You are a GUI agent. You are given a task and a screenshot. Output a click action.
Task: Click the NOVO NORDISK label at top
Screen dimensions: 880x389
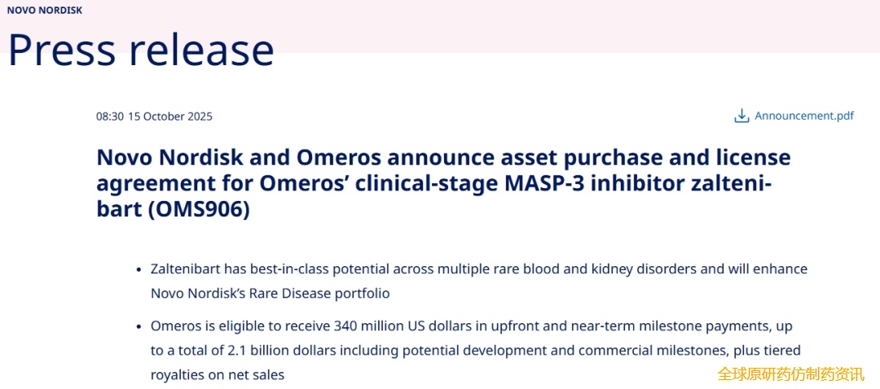pos(44,10)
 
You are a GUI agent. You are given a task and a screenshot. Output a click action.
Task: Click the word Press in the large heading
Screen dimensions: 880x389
pos(62,49)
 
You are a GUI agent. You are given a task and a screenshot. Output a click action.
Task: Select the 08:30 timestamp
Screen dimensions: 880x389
pos(110,116)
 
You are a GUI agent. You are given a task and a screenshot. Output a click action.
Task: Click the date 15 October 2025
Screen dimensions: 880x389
pos(170,116)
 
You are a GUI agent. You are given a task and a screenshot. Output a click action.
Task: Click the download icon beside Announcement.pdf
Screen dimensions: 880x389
pos(741,116)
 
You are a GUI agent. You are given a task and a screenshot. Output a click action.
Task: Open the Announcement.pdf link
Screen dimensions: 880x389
pos(804,116)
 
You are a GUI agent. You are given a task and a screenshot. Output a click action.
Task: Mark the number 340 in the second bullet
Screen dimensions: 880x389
pos(345,326)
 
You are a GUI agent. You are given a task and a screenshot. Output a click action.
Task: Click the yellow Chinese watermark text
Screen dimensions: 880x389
pos(791,374)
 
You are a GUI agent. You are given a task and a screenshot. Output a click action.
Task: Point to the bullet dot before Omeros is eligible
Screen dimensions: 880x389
pos(139,327)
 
